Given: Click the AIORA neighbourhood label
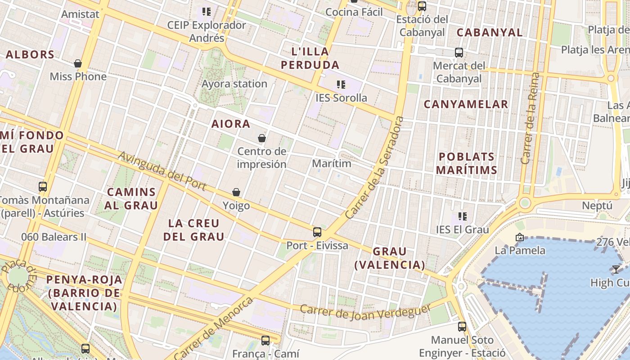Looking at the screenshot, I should point(231,124).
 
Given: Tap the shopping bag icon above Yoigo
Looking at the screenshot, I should point(236,193).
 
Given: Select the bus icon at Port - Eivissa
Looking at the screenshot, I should point(317,232).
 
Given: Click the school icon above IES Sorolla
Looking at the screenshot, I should point(341,84).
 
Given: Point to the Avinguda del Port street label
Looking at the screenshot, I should point(162,171).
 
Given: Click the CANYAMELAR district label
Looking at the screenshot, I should point(466,104).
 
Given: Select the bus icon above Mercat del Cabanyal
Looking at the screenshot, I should point(459,53).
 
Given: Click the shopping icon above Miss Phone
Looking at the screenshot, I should point(78,63).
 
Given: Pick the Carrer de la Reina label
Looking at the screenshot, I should point(530,118).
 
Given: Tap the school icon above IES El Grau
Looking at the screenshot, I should point(462,216).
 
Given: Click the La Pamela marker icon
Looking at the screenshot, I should point(520,237).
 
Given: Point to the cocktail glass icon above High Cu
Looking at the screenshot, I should point(616,270).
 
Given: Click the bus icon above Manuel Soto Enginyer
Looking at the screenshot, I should point(462,327).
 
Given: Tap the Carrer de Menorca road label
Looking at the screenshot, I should point(213,329).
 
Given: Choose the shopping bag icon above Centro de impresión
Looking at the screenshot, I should point(262,138).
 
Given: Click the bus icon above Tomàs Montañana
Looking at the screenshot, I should point(43,186).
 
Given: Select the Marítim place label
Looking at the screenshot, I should point(332,163).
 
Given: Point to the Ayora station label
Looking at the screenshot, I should point(234,84).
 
